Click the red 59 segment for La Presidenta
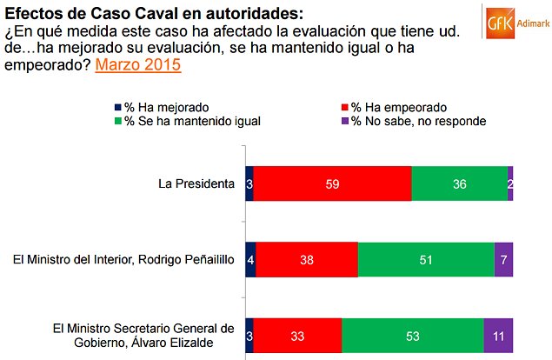click(332, 183)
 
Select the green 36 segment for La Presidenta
click(459, 183)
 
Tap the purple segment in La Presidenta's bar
click(510, 183)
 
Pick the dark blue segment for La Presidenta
click(249, 183)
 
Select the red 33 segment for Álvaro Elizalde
click(297, 334)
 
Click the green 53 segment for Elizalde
click(412, 334)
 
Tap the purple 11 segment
click(498, 334)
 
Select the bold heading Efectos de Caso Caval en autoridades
click(156, 13)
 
